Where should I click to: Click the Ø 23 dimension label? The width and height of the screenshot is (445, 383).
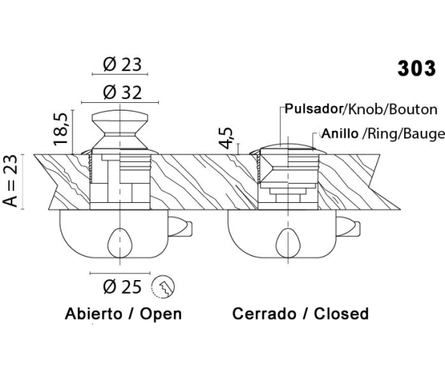(122, 64)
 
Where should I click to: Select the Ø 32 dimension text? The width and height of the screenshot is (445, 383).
(123, 92)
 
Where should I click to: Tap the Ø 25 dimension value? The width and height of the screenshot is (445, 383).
(123, 287)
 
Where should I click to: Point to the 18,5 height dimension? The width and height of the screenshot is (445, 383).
(61, 129)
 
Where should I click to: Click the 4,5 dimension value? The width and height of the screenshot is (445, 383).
(226, 138)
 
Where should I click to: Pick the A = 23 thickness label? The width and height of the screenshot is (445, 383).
(11, 181)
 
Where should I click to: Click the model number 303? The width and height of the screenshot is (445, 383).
(416, 68)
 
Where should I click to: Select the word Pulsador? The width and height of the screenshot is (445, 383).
(314, 109)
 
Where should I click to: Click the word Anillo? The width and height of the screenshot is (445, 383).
(341, 133)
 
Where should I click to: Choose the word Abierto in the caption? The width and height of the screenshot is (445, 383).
(93, 313)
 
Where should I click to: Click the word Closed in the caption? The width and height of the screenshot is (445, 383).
(341, 313)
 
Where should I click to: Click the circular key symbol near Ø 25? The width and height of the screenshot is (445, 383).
(163, 286)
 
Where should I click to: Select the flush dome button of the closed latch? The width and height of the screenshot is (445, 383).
(288, 145)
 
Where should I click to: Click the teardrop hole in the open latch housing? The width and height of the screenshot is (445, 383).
(120, 242)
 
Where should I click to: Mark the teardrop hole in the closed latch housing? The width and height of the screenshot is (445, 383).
(288, 242)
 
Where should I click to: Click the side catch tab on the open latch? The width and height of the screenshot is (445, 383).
(180, 226)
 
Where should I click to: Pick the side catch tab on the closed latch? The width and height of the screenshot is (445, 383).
(348, 226)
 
